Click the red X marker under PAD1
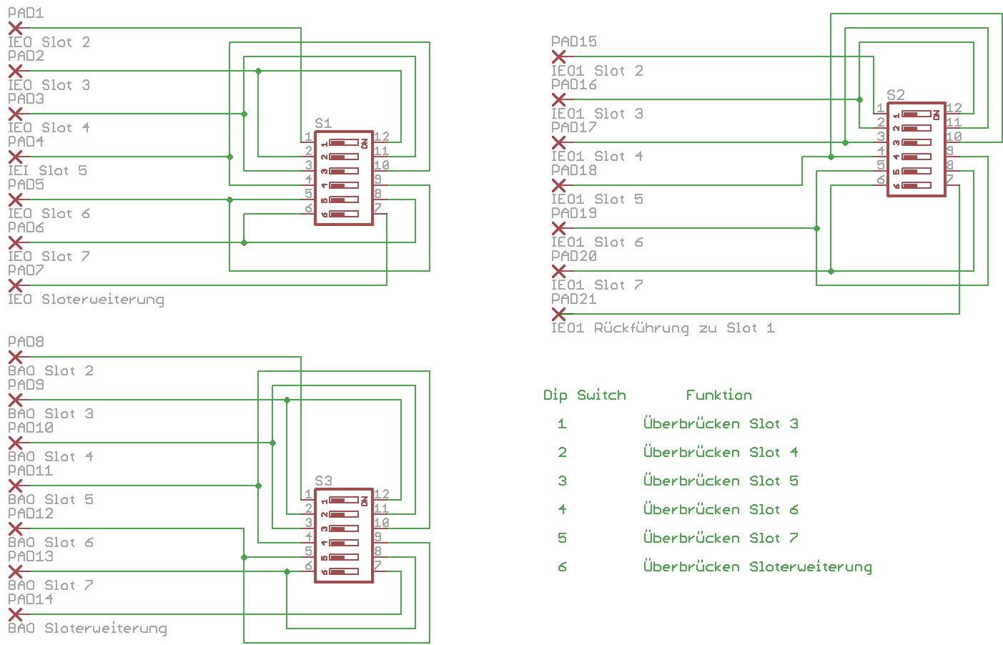pos(15,28)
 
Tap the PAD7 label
pos(26,270)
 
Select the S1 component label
pos(323,123)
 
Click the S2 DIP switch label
pos(895,94)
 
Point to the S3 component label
pos(323,481)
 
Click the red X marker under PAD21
pos(558,314)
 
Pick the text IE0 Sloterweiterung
pos(86,299)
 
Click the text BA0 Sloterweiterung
pos(87,628)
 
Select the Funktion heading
pos(718,395)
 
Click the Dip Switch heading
pos(584,395)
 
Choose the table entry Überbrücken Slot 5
pos(720,481)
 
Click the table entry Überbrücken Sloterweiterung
pos(757,566)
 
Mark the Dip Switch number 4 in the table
pos(562,509)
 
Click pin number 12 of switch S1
pos(382,136)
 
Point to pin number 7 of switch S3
pos(378,565)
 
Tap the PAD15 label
pos(573,41)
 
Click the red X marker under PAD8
pos(15,357)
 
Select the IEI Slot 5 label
pos(47,170)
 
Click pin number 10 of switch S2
pos(954,136)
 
